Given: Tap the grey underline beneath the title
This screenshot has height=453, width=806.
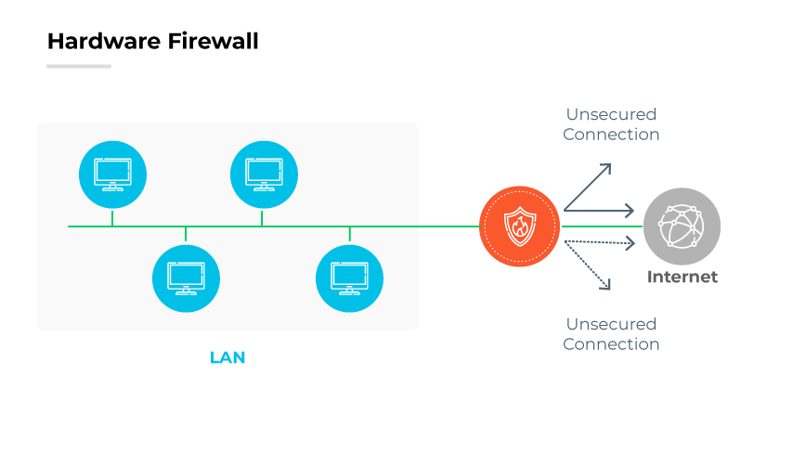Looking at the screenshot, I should tap(79, 66).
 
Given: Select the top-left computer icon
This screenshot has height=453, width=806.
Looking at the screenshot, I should tap(112, 174).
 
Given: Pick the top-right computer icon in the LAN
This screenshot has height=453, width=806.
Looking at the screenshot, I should tap(264, 174).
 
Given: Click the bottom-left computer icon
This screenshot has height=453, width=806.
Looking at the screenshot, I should tap(186, 278).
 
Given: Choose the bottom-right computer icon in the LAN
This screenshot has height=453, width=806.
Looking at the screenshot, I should tap(350, 278).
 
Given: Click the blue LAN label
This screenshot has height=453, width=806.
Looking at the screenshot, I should tap(227, 357).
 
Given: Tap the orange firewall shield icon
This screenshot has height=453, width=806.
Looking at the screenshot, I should tap(520, 226).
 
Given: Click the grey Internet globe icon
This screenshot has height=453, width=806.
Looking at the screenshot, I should tap(682, 226).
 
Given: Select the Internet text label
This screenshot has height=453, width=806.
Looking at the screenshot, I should tap(682, 277).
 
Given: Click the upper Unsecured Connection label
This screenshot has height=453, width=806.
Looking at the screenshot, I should tap(611, 124).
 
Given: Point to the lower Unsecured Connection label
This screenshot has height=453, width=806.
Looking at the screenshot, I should tap(611, 334).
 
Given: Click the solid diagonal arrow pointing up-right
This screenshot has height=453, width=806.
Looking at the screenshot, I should tap(588, 187).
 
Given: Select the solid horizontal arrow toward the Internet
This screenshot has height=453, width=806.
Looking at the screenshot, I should tap(600, 211).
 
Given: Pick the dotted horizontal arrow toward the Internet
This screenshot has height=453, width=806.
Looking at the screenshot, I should tap(600, 243).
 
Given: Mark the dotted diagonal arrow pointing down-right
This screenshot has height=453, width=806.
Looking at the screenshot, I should tap(588, 266).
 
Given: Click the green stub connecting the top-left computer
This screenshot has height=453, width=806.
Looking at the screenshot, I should tap(112, 218).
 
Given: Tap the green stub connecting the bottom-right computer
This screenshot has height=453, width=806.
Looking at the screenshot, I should tap(350, 234).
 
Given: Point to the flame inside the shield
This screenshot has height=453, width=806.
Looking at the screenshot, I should tap(520, 227).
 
